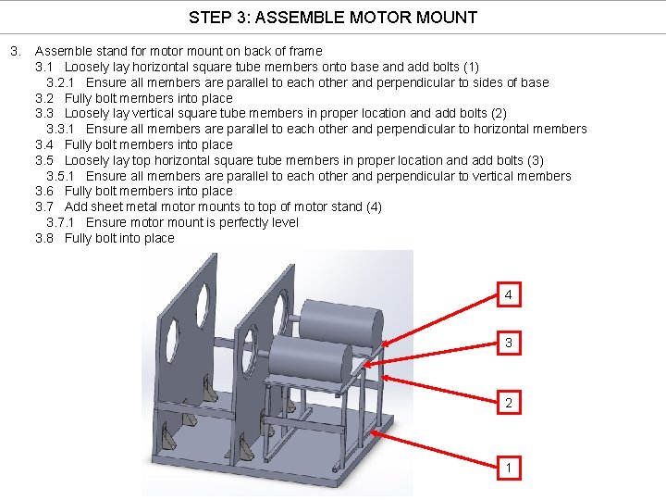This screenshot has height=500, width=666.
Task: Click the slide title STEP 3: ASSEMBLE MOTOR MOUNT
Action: point(333,17)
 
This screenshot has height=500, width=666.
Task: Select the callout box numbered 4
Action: point(508,295)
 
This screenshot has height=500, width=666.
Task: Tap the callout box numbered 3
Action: point(508,344)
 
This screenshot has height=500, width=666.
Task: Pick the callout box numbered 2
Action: point(508,404)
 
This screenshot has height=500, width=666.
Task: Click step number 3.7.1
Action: point(62,222)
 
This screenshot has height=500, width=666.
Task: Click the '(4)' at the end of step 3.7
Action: point(373,206)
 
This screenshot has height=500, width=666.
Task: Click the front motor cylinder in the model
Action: point(310,356)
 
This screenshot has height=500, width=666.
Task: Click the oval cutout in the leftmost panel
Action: point(171,344)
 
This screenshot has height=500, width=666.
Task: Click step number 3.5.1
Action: point(62,176)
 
